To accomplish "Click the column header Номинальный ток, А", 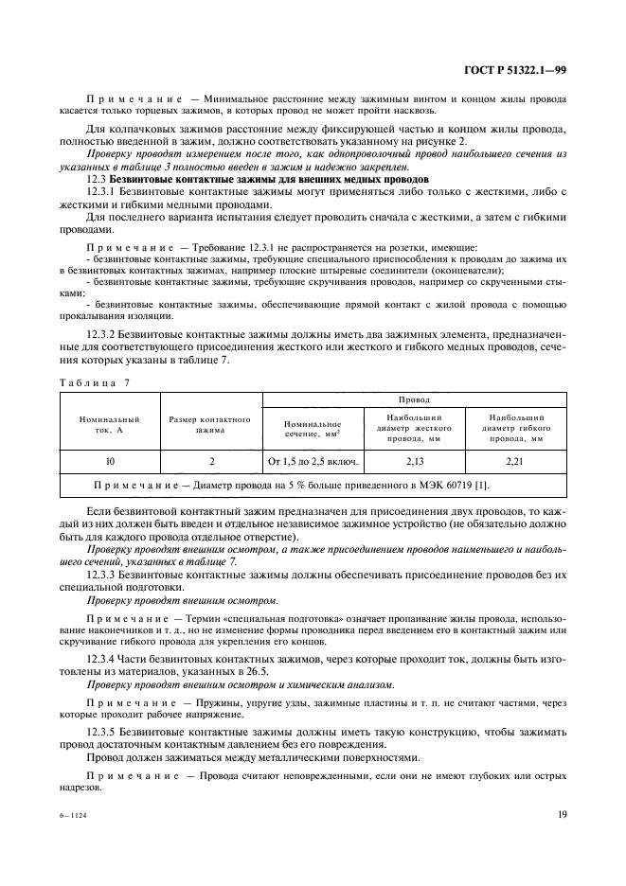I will [x=111, y=423].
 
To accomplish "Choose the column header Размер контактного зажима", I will [x=210, y=423].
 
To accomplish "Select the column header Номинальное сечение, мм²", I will [x=313, y=429].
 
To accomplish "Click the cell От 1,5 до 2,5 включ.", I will [x=313, y=461].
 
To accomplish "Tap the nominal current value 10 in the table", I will [x=111, y=461].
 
